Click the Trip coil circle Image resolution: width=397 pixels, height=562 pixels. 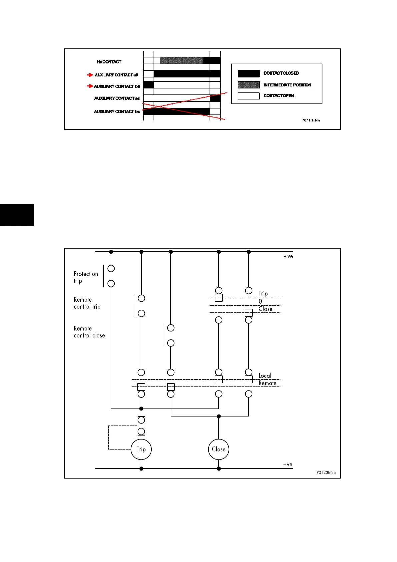141,449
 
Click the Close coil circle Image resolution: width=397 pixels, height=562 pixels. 219,449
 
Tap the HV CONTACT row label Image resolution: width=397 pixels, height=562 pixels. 109,62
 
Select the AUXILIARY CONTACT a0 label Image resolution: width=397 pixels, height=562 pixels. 116,75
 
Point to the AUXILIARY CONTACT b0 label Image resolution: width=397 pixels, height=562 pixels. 117,86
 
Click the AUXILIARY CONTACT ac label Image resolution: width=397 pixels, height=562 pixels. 117,98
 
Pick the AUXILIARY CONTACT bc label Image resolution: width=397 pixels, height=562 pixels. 117,111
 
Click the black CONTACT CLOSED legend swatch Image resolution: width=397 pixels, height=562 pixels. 248,73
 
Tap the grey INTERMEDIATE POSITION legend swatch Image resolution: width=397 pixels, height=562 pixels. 248,85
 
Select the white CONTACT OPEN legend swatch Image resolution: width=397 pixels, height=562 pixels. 248,96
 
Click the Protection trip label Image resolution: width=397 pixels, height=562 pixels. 86,277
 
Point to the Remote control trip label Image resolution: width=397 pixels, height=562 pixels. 87,303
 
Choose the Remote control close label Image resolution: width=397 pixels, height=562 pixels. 89,332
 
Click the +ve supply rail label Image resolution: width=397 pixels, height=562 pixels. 288,257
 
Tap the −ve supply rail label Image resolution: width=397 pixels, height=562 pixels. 288,465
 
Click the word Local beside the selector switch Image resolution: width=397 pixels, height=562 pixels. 265,376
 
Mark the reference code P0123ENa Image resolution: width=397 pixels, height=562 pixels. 326,472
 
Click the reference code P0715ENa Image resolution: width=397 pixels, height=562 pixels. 310,120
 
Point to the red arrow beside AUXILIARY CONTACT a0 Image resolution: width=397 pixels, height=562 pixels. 90,75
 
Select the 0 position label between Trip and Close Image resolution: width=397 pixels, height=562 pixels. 260,301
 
